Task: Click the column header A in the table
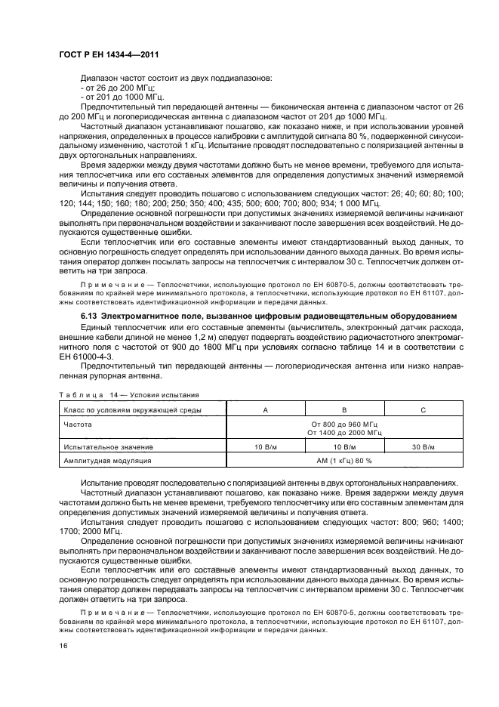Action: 263,409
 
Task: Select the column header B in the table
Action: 343,409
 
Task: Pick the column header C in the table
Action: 422,409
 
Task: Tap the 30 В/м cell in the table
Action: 422,446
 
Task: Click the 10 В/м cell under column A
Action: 263,446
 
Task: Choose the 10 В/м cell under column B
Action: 343,446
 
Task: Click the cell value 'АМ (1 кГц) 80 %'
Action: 343,460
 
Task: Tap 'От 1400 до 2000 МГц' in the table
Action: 343,433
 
